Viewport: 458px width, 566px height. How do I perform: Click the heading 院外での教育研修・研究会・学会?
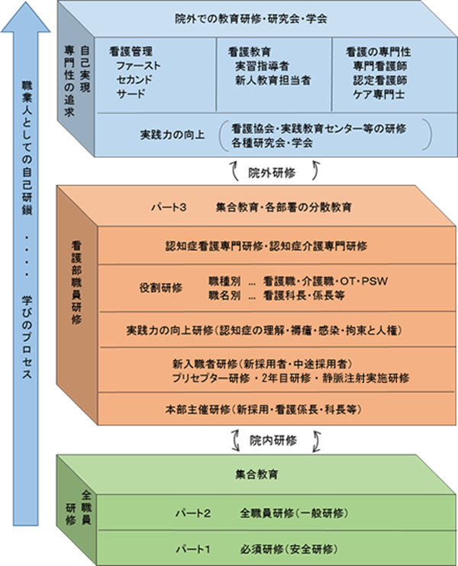click(x=251, y=19)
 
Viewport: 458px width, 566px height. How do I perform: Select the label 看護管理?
click(x=131, y=51)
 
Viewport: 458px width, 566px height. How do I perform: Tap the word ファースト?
click(x=138, y=66)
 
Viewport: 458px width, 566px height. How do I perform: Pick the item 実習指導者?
click(x=263, y=66)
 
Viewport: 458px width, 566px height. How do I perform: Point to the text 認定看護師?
click(x=380, y=80)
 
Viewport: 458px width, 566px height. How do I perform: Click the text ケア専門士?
click(x=379, y=95)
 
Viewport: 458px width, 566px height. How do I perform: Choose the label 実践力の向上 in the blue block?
click(x=173, y=135)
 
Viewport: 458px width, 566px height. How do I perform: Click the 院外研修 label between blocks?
click(x=272, y=173)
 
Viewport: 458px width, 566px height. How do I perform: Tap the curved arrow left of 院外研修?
click(x=235, y=170)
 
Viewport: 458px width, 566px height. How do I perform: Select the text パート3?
click(x=169, y=207)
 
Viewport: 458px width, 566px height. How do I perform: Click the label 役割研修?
click(x=161, y=288)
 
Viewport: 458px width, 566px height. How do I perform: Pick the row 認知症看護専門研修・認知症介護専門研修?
click(x=266, y=246)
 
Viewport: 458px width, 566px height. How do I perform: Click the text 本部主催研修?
click(x=198, y=410)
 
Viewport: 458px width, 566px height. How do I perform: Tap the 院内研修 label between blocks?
click(x=273, y=440)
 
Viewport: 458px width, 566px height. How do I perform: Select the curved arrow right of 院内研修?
click(x=317, y=441)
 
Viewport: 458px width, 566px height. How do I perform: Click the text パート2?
click(x=193, y=513)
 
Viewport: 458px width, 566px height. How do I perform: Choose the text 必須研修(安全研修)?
click(x=289, y=549)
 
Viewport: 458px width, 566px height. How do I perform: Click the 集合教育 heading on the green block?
click(x=256, y=474)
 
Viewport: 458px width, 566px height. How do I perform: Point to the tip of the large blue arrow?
click(x=26, y=2)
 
